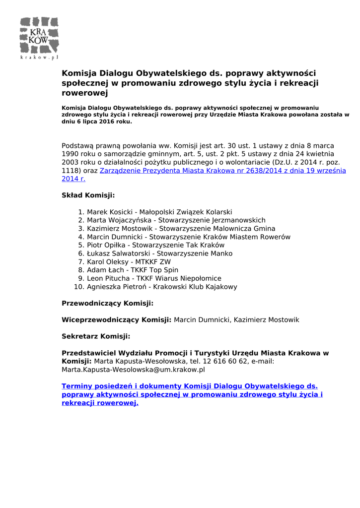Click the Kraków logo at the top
tap(39, 38)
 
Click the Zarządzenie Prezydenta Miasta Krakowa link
tap(222, 170)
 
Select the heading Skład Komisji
tap(88, 195)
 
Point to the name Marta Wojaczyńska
tap(119, 220)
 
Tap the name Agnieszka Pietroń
tap(117, 287)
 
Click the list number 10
tap(78, 287)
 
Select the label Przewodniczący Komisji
tap(107, 303)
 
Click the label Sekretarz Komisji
tap(96, 336)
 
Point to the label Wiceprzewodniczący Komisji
tap(116, 320)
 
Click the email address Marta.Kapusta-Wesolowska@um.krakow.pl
tap(133, 370)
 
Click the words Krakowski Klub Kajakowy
tap(195, 287)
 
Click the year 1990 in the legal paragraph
tap(70, 154)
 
